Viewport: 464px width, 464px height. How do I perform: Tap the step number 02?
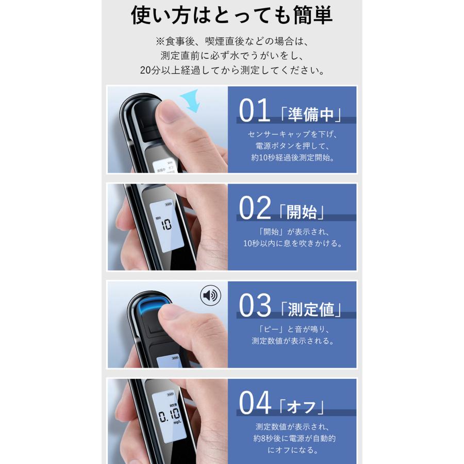click(x=255, y=208)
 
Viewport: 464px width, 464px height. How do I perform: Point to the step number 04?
click(x=255, y=404)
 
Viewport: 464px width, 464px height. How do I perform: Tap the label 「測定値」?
click(x=311, y=309)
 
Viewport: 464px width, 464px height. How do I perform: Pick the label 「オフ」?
click(x=302, y=406)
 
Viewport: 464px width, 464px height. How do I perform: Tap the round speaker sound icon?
click(x=210, y=295)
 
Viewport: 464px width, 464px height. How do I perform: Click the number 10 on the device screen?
click(x=166, y=225)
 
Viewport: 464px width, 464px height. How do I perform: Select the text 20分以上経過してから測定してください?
click(x=231, y=71)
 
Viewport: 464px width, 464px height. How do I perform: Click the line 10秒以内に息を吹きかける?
click(x=292, y=243)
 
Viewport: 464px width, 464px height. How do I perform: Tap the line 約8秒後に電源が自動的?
click(x=292, y=438)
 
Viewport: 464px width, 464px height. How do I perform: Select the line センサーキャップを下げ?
click(x=292, y=134)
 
